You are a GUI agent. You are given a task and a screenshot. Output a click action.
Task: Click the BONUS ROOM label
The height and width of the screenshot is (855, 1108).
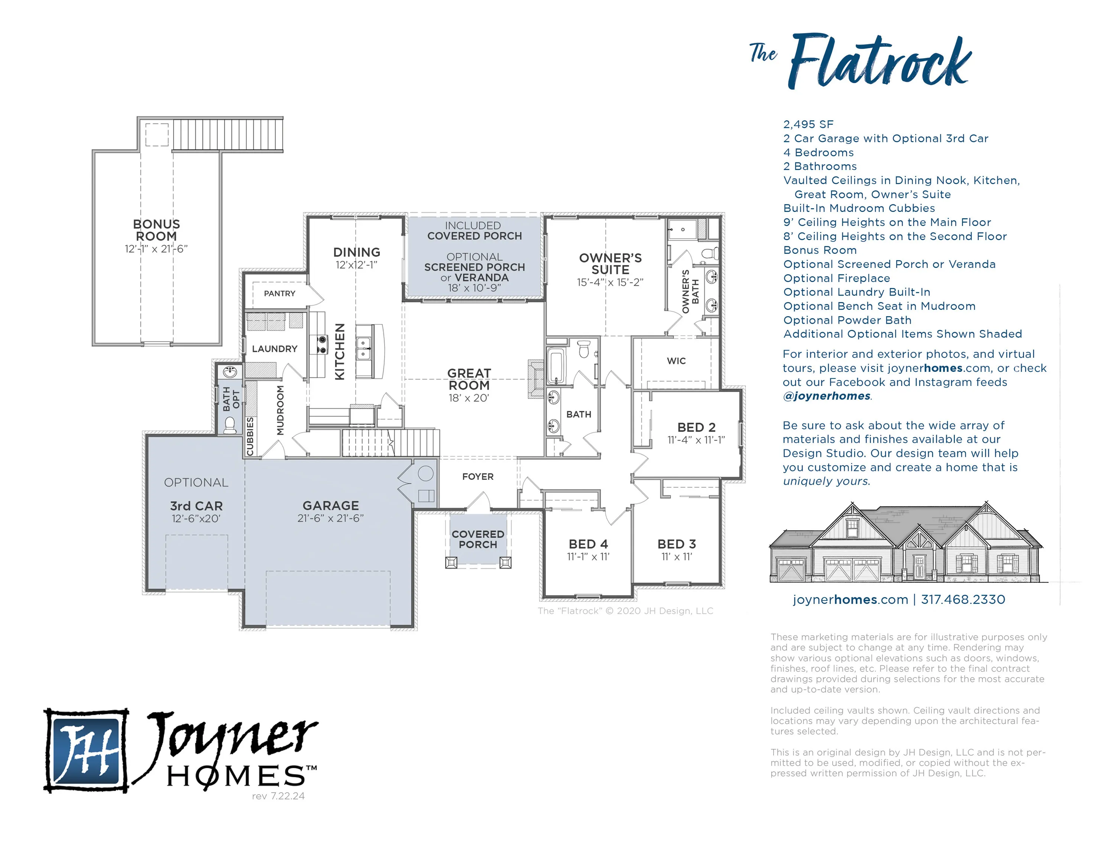(x=156, y=230)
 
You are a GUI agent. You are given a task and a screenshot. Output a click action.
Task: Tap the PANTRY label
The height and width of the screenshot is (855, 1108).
(x=279, y=294)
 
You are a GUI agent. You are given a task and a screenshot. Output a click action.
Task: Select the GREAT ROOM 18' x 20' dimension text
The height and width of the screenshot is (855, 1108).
(x=468, y=398)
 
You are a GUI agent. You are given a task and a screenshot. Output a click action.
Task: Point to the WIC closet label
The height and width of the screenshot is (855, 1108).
(x=676, y=361)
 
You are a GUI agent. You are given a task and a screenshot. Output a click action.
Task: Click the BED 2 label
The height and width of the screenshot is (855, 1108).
(x=697, y=427)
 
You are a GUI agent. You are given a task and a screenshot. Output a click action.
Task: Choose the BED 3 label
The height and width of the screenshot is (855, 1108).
(x=677, y=544)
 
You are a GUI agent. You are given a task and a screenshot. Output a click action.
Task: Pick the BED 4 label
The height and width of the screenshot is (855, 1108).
(x=589, y=544)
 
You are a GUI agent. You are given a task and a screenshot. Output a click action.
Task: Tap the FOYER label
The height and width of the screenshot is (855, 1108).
(x=478, y=476)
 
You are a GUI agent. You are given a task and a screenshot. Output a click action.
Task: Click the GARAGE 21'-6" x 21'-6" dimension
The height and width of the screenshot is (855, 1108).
(x=331, y=518)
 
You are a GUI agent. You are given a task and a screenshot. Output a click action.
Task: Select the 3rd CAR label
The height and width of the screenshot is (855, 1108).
(x=196, y=506)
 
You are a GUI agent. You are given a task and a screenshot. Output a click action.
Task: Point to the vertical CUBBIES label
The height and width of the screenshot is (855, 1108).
(x=250, y=436)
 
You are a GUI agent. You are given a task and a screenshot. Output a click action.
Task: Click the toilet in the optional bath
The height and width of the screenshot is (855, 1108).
(x=230, y=425)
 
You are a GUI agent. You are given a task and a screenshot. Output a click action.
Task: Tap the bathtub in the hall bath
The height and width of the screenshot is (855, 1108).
(x=555, y=366)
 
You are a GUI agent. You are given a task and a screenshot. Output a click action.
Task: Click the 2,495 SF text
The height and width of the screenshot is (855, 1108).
(x=808, y=124)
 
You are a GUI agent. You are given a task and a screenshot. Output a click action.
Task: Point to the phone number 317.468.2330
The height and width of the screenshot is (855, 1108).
(x=963, y=600)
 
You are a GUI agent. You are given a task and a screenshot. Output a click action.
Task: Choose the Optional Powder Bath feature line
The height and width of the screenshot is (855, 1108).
(x=847, y=320)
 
